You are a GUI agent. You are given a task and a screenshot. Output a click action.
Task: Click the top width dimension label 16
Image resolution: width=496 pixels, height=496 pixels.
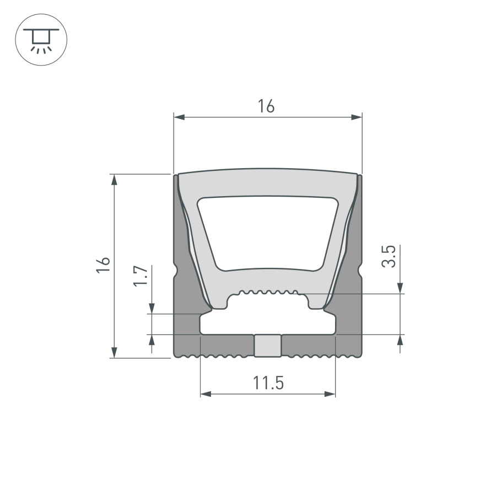click(x=266, y=106)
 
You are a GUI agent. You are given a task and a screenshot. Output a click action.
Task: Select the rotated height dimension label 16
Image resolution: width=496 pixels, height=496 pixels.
click(x=104, y=265)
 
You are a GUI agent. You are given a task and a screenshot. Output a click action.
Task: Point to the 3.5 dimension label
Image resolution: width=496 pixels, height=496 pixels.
click(x=389, y=256)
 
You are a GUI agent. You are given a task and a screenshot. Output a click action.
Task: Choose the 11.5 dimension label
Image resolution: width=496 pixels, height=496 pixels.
click(x=268, y=382)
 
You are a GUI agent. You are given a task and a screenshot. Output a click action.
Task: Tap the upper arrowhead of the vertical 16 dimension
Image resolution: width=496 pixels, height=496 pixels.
click(x=115, y=180)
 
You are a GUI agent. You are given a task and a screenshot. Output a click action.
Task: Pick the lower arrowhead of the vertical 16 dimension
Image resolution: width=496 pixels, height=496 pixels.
click(x=115, y=352)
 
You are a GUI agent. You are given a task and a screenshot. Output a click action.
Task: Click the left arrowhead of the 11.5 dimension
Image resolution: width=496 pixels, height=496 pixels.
click(x=205, y=393)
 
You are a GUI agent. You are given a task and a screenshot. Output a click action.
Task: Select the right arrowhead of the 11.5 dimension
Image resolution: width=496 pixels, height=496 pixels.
click(x=330, y=393)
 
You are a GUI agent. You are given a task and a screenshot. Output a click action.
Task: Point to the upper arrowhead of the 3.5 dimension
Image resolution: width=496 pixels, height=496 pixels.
click(x=401, y=288)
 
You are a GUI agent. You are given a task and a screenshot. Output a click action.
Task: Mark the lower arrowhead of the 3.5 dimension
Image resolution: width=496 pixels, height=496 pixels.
click(x=401, y=340)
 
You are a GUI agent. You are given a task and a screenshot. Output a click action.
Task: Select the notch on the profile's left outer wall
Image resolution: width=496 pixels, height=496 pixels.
click(x=176, y=271)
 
